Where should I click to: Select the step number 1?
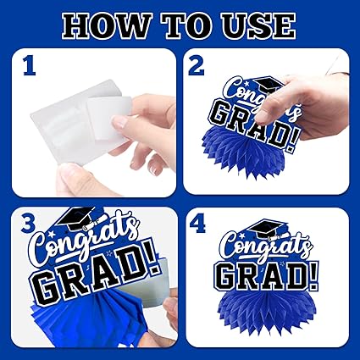pos(30,67)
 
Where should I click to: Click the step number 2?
pos(197,67)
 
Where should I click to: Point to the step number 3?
pos(28,224)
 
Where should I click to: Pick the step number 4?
pos(197,224)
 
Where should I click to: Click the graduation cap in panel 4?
pos(268,228)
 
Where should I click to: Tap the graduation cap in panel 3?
pos(76,218)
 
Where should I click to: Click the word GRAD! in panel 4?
pos(269,276)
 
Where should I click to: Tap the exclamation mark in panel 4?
pos(313,276)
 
